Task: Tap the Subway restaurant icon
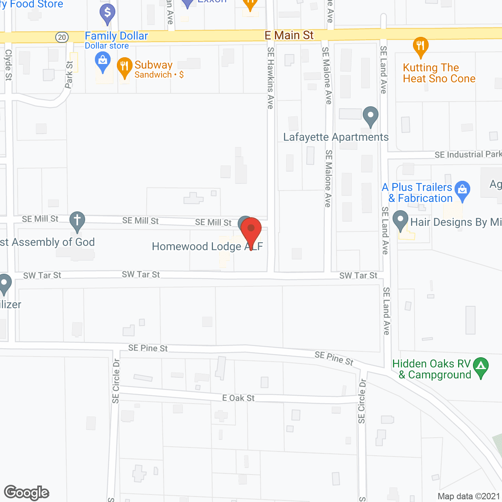pyautogui.click(x=125, y=67)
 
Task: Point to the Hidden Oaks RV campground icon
pyautogui.click(x=481, y=368)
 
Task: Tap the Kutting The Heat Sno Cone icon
pyautogui.click(x=420, y=47)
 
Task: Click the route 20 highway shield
pyautogui.click(x=62, y=37)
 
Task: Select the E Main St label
pyautogui.click(x=289, y=35)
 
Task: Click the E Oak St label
pyautogui.click(x=238, y=398)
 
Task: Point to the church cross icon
pyautogui.click(x=77, y=221)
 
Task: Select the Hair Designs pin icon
pyautogui.click(x=400, y=221)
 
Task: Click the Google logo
pyautogui.click(x=26, y=493)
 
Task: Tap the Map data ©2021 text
pyautogui.click(x=469, y=497)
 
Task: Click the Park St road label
pyautogui.click(x=69, y=75)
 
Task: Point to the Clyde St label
pyautogui.click(x=8, y=65)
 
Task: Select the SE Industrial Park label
pyautogui.click(x=468, y=155)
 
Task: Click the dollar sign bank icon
pyautogui.click(x=107, y=13)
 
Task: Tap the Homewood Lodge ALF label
pyautogui.click(x=207, y=246)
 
